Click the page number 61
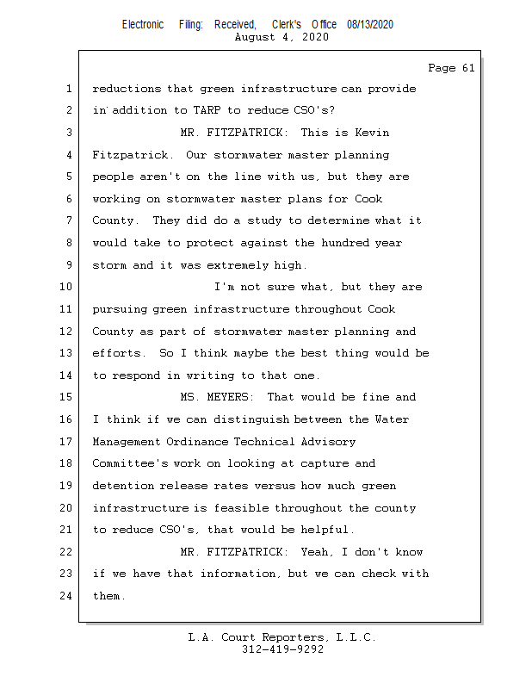point(468,68)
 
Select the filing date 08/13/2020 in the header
point(370,25)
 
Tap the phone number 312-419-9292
point(283,649)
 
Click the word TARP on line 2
point(207,110)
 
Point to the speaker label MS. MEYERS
point(217,397)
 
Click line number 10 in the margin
point(66,287)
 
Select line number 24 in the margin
point(66,596)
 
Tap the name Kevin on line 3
point(372,133)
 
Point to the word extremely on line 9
point(238,265)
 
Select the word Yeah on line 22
point(314,552)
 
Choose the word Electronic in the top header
point(143,25)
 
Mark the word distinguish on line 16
point(251,419)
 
